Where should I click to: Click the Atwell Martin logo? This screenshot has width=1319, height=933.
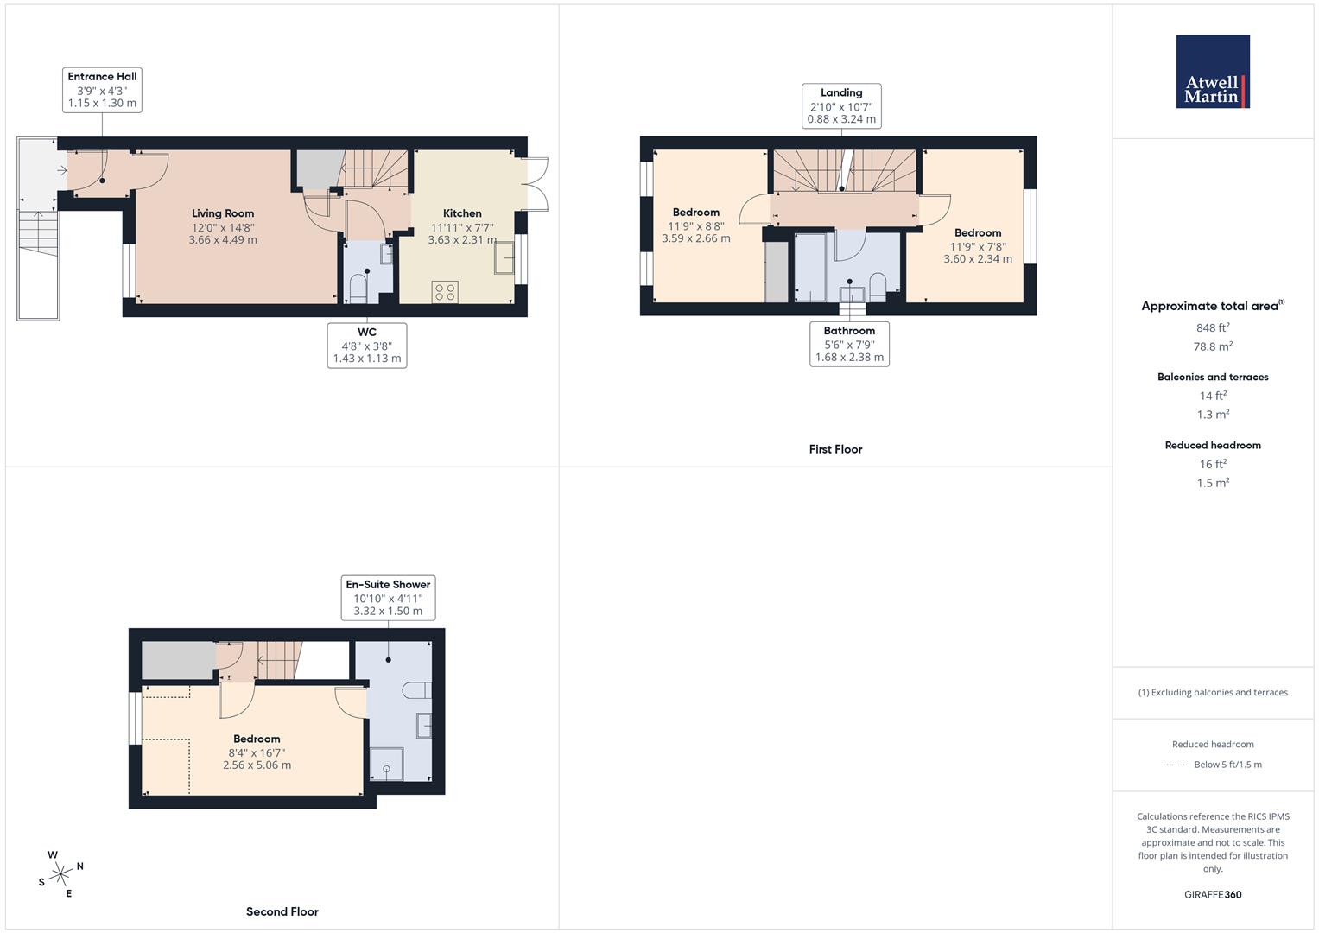[1213, 72]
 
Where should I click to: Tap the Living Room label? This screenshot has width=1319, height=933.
[223, 213]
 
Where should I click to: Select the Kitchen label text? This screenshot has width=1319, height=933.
[462, 213]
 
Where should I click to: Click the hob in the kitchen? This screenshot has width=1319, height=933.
[446, 292]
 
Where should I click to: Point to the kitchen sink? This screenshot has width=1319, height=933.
[504, 257]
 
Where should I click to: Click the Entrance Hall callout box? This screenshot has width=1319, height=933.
[102, 90]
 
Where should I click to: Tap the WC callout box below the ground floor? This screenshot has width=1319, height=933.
[367, 345]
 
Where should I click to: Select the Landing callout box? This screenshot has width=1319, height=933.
[841, 105]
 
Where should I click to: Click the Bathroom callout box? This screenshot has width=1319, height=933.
[849, 344]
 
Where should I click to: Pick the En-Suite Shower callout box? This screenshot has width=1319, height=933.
[388, 598]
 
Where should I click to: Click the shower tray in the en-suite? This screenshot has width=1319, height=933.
[386, 764]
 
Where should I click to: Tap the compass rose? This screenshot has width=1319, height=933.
[60, 873]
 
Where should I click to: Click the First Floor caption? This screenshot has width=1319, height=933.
[835, 449]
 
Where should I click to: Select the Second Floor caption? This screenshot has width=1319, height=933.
[282, 911]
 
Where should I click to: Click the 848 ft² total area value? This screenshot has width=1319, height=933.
[1213, 327]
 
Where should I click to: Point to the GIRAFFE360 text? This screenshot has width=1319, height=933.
[1213, 894]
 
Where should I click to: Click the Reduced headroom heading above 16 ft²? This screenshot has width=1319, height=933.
[1213, 446]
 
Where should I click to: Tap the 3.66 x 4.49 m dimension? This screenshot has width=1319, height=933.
[223, 240]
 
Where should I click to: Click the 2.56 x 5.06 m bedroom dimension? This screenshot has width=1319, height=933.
[257, 765]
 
